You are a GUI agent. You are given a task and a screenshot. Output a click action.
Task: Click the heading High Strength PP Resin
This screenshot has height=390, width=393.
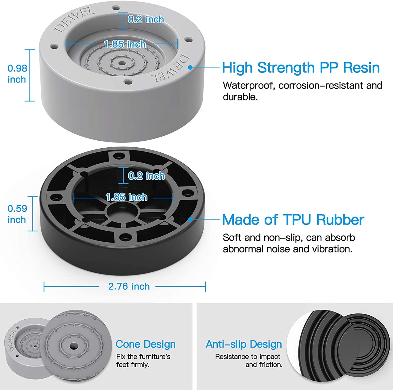301,68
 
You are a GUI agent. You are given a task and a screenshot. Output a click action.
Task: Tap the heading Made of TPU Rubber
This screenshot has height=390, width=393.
293,220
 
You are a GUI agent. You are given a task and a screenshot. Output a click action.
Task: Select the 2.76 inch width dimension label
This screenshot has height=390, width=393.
129,286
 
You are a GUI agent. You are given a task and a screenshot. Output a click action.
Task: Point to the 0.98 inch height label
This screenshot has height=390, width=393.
17,74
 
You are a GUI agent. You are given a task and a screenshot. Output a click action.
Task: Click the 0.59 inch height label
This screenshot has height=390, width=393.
17,214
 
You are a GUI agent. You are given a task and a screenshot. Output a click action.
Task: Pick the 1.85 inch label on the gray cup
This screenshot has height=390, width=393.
125,44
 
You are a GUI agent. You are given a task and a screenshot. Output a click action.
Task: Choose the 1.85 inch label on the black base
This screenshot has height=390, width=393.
127,197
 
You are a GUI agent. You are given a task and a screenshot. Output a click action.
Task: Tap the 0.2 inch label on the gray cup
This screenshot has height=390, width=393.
146,19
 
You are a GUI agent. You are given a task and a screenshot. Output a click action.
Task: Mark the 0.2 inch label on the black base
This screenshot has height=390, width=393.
146,176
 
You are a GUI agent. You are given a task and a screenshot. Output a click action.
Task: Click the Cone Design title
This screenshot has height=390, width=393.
146,344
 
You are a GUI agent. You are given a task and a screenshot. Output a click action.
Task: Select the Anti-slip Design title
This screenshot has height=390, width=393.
244,344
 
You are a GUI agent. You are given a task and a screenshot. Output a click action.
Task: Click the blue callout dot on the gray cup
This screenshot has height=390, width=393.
190,67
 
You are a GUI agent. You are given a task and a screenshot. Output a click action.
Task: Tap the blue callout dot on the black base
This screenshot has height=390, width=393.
190,219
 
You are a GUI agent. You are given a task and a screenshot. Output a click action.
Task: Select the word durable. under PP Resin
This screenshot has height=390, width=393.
240,97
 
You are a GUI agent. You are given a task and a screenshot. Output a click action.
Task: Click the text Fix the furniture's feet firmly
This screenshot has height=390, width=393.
143,360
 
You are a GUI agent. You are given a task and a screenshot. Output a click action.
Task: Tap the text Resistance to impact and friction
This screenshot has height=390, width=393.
248,360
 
